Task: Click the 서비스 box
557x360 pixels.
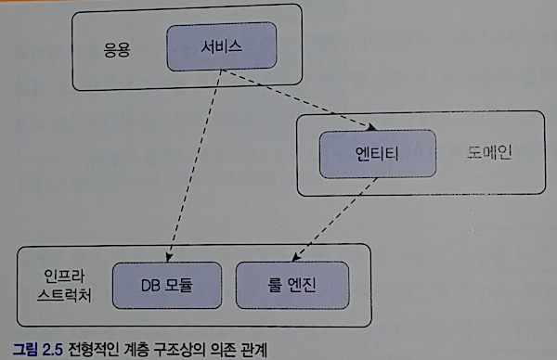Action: point(222,46)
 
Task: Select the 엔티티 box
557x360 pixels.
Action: point(378,154)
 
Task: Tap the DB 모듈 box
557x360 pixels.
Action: point(167,286)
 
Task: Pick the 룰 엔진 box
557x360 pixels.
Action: point(292,286)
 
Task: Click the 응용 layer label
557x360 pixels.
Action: point(117,50)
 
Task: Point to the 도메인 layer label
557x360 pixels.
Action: point(489,153)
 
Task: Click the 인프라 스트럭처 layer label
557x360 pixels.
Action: point(64,286)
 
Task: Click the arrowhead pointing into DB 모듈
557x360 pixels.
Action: point(169,257)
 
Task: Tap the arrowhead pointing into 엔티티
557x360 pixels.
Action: point(371,127)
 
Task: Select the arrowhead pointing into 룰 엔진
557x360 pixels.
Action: point(296,257)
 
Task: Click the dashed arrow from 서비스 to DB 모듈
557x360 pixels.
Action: point(195,166)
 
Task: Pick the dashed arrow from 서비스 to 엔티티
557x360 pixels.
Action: point(299,100)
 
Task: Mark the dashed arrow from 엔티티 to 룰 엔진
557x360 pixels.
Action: point(334,220)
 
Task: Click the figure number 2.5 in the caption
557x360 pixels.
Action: point(52,350)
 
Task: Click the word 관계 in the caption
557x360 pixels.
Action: point(253,350)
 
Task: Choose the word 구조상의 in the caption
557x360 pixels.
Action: point(180,350)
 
